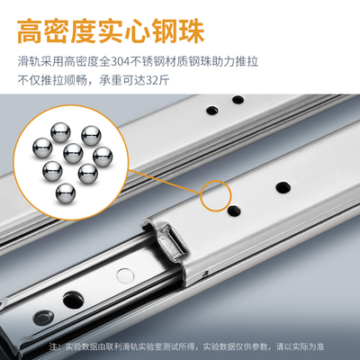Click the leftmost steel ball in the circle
pyautogui.click(x=42, y=148)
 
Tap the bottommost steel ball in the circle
pyautogui.click(x=66, y=193)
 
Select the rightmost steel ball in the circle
pyautogui.click(x=103, y=157)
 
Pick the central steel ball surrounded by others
pyautogui.click(x=73, y=153)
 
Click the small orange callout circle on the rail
pyautogui.click(x=216, y=195)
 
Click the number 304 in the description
pyautogui.click(x=120, y=62)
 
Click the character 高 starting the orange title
pyautogui.click(x=30, y=31)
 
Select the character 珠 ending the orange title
pyautogui.click(x=192, y=31)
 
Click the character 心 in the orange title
pyautogui.click(x=138, y=31)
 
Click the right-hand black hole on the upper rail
pyautogui.click(x=238, y=100)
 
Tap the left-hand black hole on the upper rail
pyautogui.click(x=212, y=111)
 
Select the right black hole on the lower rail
pyautogui.click(x=283, y=188)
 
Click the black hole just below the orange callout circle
pyautogui.click(x=234, y=211)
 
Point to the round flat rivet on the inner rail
pyautogui.click(x=124, y=274)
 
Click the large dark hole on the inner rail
pyautogui.click(x=72, y=300)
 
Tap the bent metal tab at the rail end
pyautogui.click(x=171, y=240)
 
